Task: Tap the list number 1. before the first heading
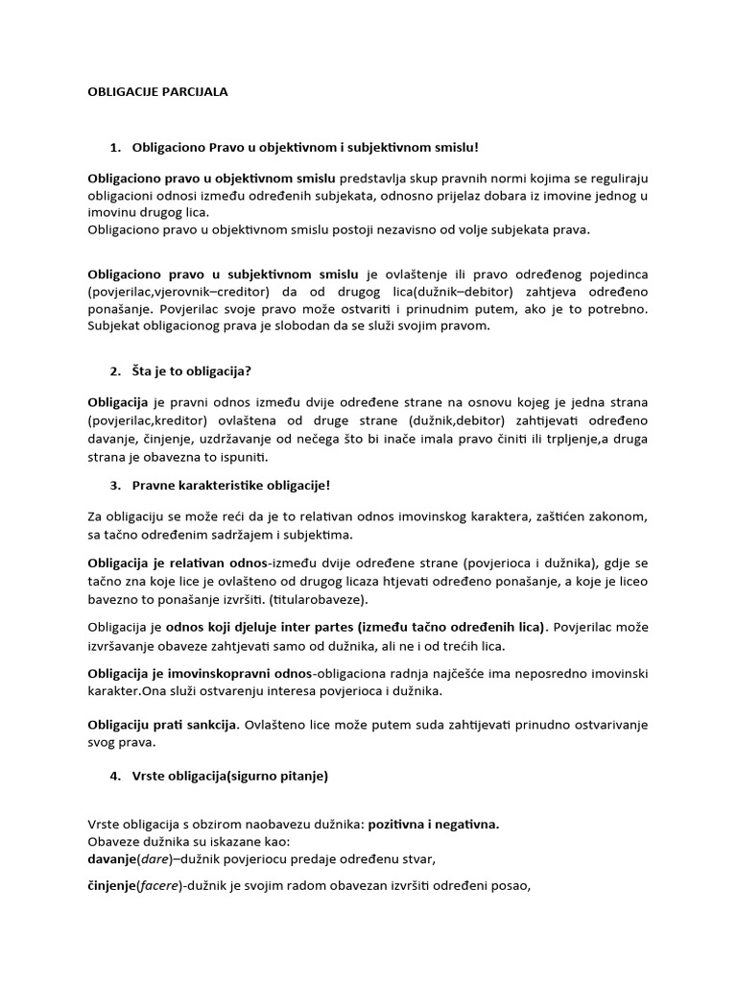pos(116,147)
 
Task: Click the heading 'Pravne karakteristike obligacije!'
pos(231,486)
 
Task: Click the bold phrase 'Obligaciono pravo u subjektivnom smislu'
pos(224,274)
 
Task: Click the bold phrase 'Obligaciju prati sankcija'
pos(162,723)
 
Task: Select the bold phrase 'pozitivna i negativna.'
pos(434,824)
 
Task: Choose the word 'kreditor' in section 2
pos(203,421)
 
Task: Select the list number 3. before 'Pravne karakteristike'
pos(116,486)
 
